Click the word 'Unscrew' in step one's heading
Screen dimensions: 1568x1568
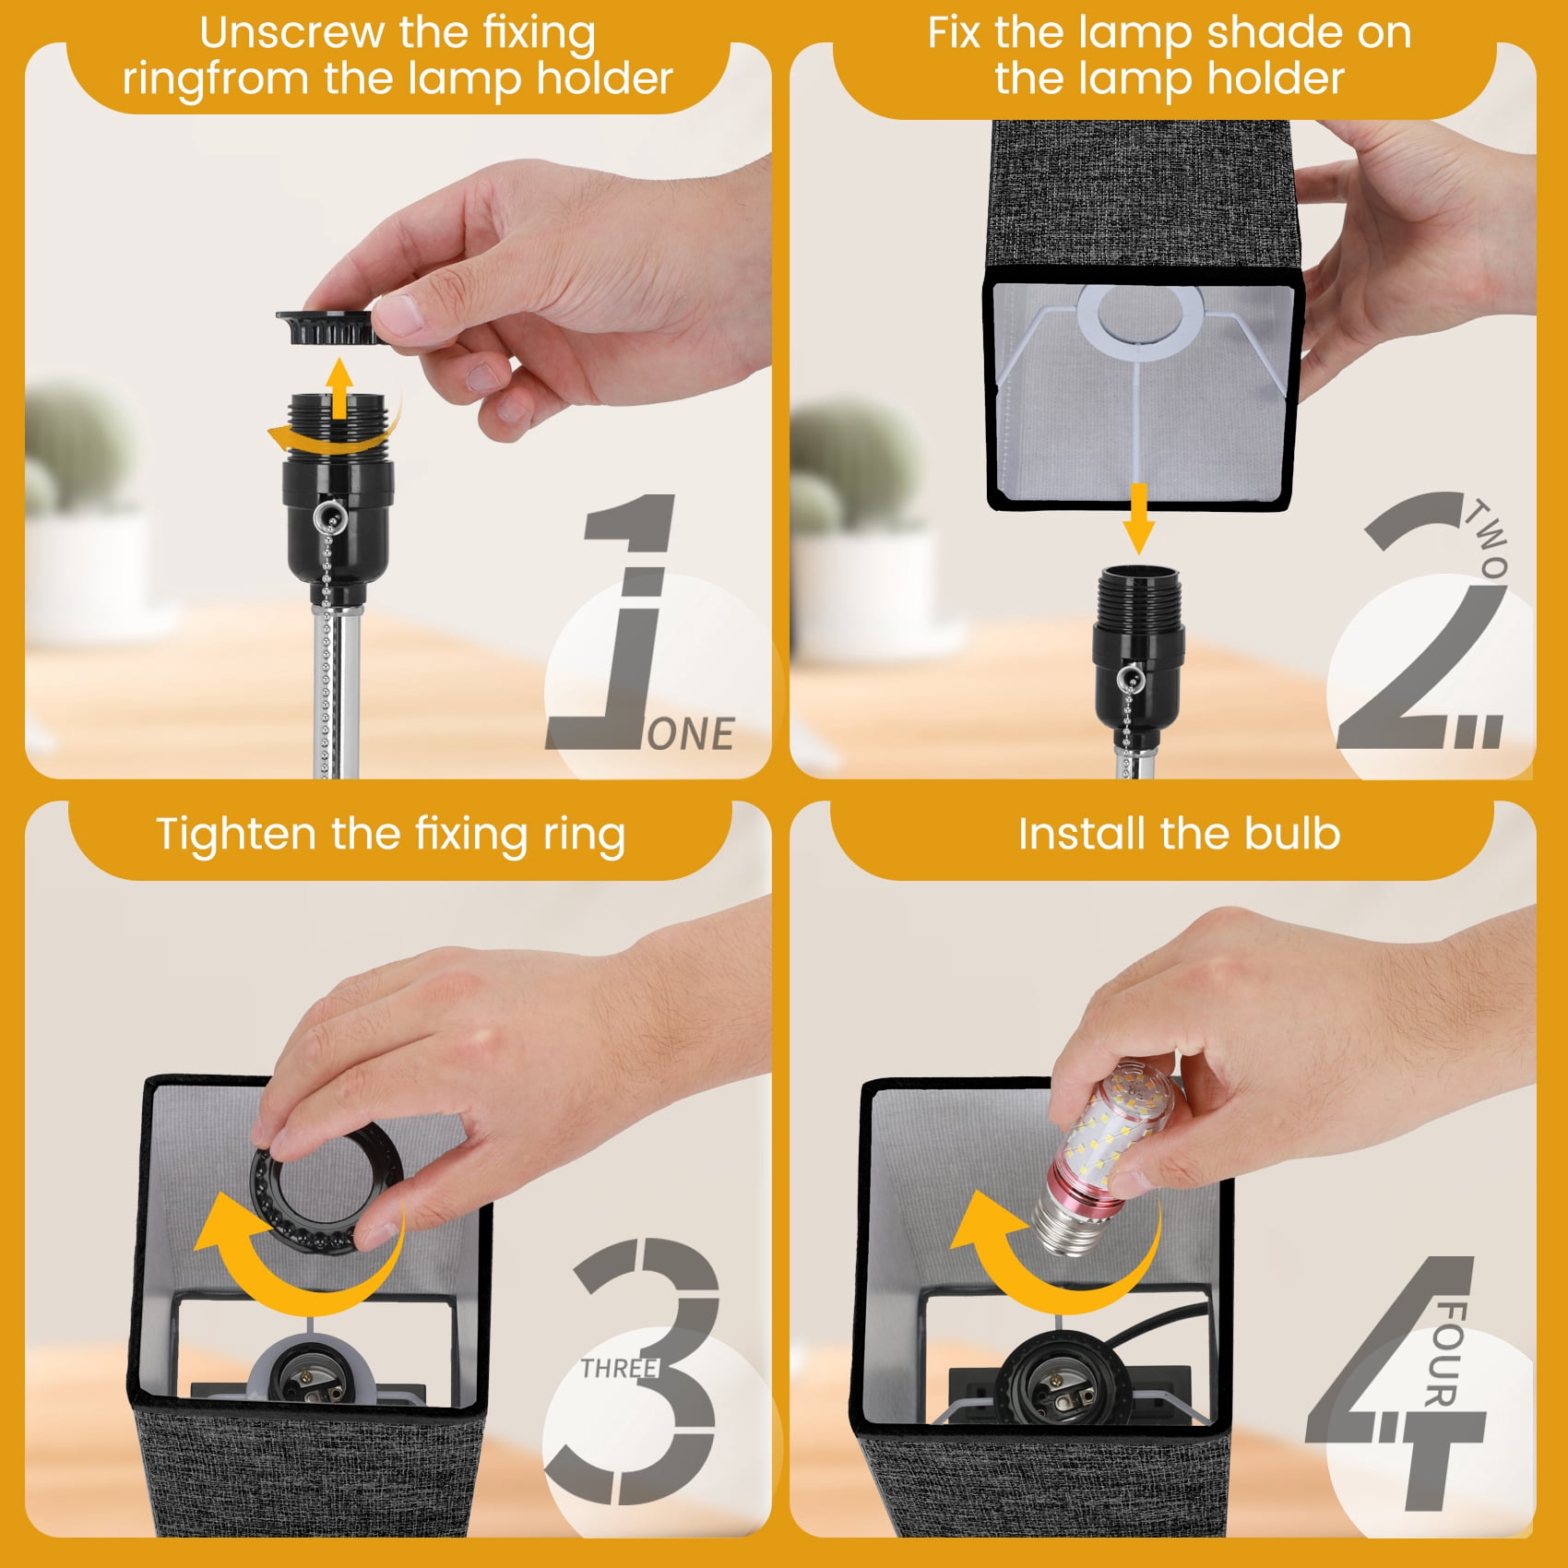tap(292, 32)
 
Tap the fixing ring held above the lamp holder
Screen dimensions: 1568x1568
tap(328, 327)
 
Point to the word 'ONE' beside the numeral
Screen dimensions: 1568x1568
tap(691, 734)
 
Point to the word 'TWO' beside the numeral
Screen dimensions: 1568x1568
tap(1487, 539)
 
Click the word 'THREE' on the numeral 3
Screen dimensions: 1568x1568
tap(619, 1368)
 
